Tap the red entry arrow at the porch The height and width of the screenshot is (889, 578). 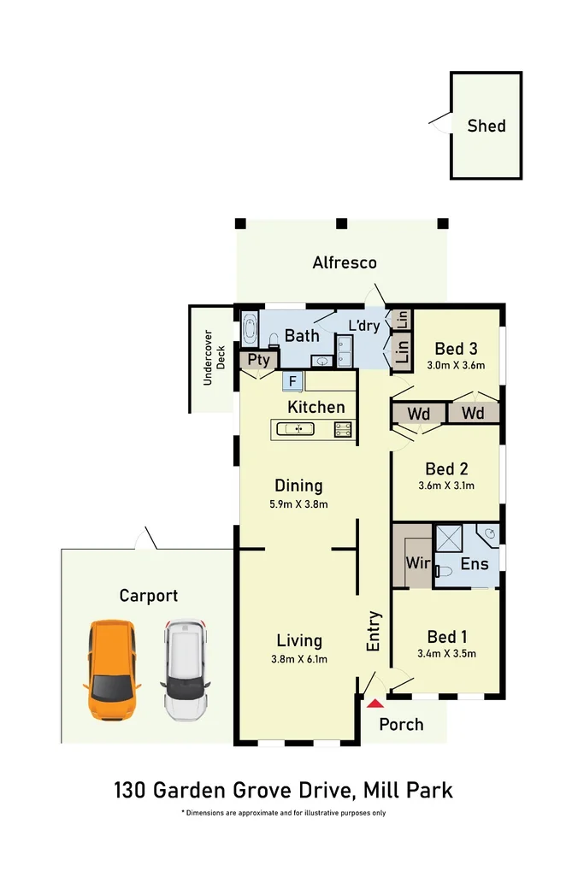375,704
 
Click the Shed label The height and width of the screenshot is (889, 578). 486,126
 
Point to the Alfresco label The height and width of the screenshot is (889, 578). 345,262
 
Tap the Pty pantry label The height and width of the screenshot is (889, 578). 258,360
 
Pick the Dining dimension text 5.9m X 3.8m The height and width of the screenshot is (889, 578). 298,504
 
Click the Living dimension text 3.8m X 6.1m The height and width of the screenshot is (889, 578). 298,658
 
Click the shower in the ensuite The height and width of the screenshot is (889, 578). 449,539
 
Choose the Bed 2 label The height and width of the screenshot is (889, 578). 446,468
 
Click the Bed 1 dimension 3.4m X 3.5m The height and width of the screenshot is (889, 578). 446,654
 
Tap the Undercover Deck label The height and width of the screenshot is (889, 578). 213,359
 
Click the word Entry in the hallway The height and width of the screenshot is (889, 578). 374,633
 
